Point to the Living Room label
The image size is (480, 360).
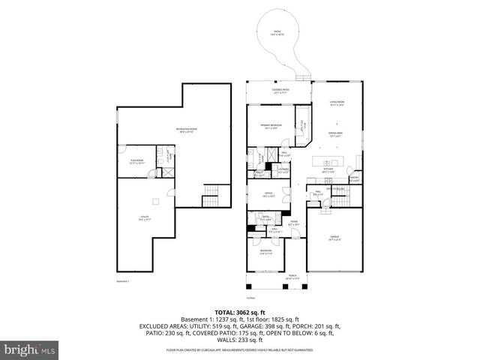tap(337, 103)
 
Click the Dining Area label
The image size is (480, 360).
tap(336, 134)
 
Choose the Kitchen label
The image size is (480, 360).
tap(327, 169)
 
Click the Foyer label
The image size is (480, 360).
tap(294, 223)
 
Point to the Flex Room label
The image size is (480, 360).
tap(136, 161)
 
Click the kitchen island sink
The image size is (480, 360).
tap(327, 163)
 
